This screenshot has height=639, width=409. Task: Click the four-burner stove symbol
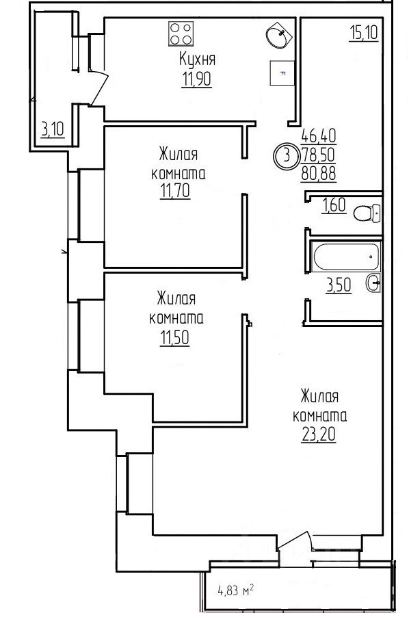(x=181, y=34)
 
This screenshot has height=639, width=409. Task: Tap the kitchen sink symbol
(x=280, y=35)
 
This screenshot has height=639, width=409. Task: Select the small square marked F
(x=282, y=73)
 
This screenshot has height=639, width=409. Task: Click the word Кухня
(x=197, y=60)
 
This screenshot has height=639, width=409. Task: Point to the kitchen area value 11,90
(x=197, y=79)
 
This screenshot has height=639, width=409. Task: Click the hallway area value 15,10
(x=364, y=33)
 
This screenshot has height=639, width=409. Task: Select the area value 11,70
(x=175, y=190)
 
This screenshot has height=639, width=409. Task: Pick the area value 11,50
(x=175, y=337)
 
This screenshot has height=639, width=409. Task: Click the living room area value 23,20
(x=319, y=434)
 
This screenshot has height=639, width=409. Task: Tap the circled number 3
(x=287, y=156)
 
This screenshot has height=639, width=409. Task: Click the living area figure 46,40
(x=319, y=135)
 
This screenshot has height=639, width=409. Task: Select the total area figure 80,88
(x=319, y=174)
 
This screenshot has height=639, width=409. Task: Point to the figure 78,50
(x=319, y=155)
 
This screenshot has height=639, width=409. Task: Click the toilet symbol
(x=367, y=213)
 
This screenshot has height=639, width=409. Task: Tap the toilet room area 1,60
(x=334, y=205)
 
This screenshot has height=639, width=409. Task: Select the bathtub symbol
(x=346, y=257)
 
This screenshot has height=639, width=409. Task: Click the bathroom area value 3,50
(x=339, y=285)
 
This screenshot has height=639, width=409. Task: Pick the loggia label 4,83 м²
(x=236, y=590)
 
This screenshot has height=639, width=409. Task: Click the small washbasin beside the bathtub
(x=373, y=283)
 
